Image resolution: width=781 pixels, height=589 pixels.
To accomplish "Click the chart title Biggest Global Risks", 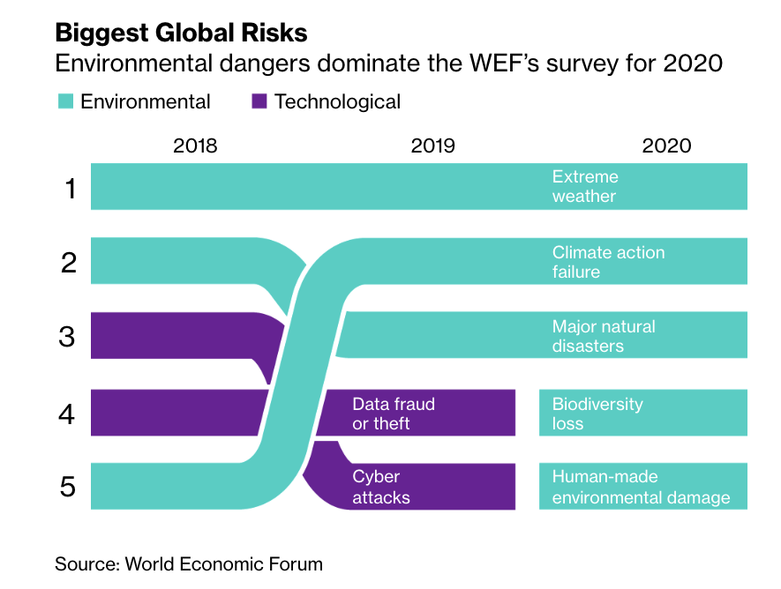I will (x=181, y=33).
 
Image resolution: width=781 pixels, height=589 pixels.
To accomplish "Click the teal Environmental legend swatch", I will (x=65, y=101).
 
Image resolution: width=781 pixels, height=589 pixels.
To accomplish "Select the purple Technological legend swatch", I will (x=259, y=101).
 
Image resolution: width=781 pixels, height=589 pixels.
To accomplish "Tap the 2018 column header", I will (x=195, y=145).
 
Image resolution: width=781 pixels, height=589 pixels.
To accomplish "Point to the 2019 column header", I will (x=432, y=145).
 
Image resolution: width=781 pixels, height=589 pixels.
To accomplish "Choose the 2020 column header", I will (x=666, y=145).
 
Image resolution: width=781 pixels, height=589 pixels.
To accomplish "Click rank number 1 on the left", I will (x=71, y=188).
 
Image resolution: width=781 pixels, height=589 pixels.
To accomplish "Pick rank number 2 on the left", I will (x=70, y=262).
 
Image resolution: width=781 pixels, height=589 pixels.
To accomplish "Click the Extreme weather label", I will (x=585, y=186).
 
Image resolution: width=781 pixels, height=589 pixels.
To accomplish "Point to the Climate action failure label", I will (x=608, y=262).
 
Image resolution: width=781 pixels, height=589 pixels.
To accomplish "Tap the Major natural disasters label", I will (x=604, y=336).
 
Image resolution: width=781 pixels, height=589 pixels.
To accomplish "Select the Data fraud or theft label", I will (x=394, y=414).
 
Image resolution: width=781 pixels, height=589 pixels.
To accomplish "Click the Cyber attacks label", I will (x=381, y=487).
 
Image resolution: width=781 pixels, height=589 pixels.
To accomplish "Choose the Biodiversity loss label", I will (x=597, y=414).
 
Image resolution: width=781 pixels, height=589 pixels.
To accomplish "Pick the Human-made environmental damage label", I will (x=641, y=487).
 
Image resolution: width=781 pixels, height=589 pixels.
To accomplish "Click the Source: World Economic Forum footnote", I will (x=189, y=563).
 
